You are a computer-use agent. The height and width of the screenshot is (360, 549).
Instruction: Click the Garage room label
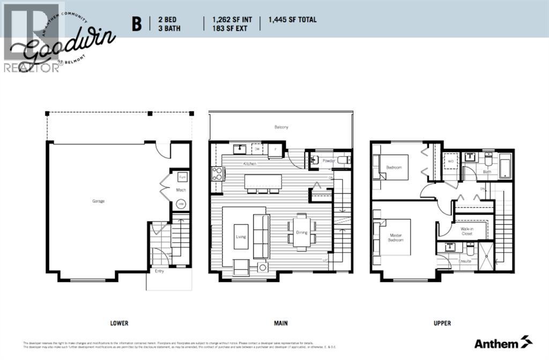pos(98,201)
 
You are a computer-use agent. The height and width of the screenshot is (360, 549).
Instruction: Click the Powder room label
pos(328,160)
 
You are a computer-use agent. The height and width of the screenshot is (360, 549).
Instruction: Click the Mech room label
pos(180,190)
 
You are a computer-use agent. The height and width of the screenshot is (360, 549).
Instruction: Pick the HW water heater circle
pos(181,204)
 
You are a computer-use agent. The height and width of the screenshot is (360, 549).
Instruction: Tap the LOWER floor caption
pos(119,323)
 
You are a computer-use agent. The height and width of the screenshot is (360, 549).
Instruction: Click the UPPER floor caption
pos(442,323)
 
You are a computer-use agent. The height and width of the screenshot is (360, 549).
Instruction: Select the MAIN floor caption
pos(280,323)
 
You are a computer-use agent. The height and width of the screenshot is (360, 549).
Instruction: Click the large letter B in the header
pos(137,24)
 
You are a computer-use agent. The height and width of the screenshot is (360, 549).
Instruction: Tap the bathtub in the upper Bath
pos(505,166)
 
